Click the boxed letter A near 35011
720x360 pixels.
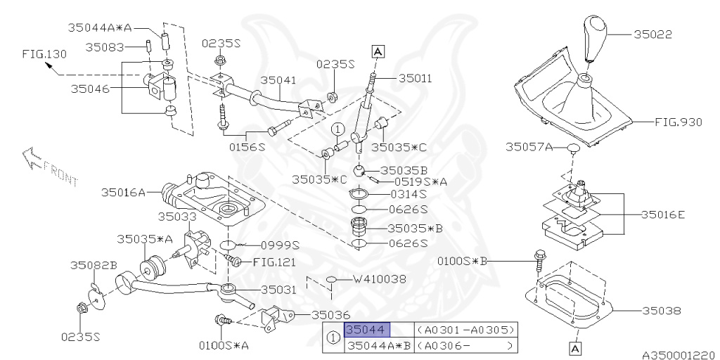coord(377,51)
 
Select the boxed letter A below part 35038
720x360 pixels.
coord(574,347)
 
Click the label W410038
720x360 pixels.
coord(379,278)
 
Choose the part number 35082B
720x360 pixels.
coord(93,265)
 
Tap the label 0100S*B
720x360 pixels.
coord(461,261)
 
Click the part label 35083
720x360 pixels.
coord(105,48)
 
